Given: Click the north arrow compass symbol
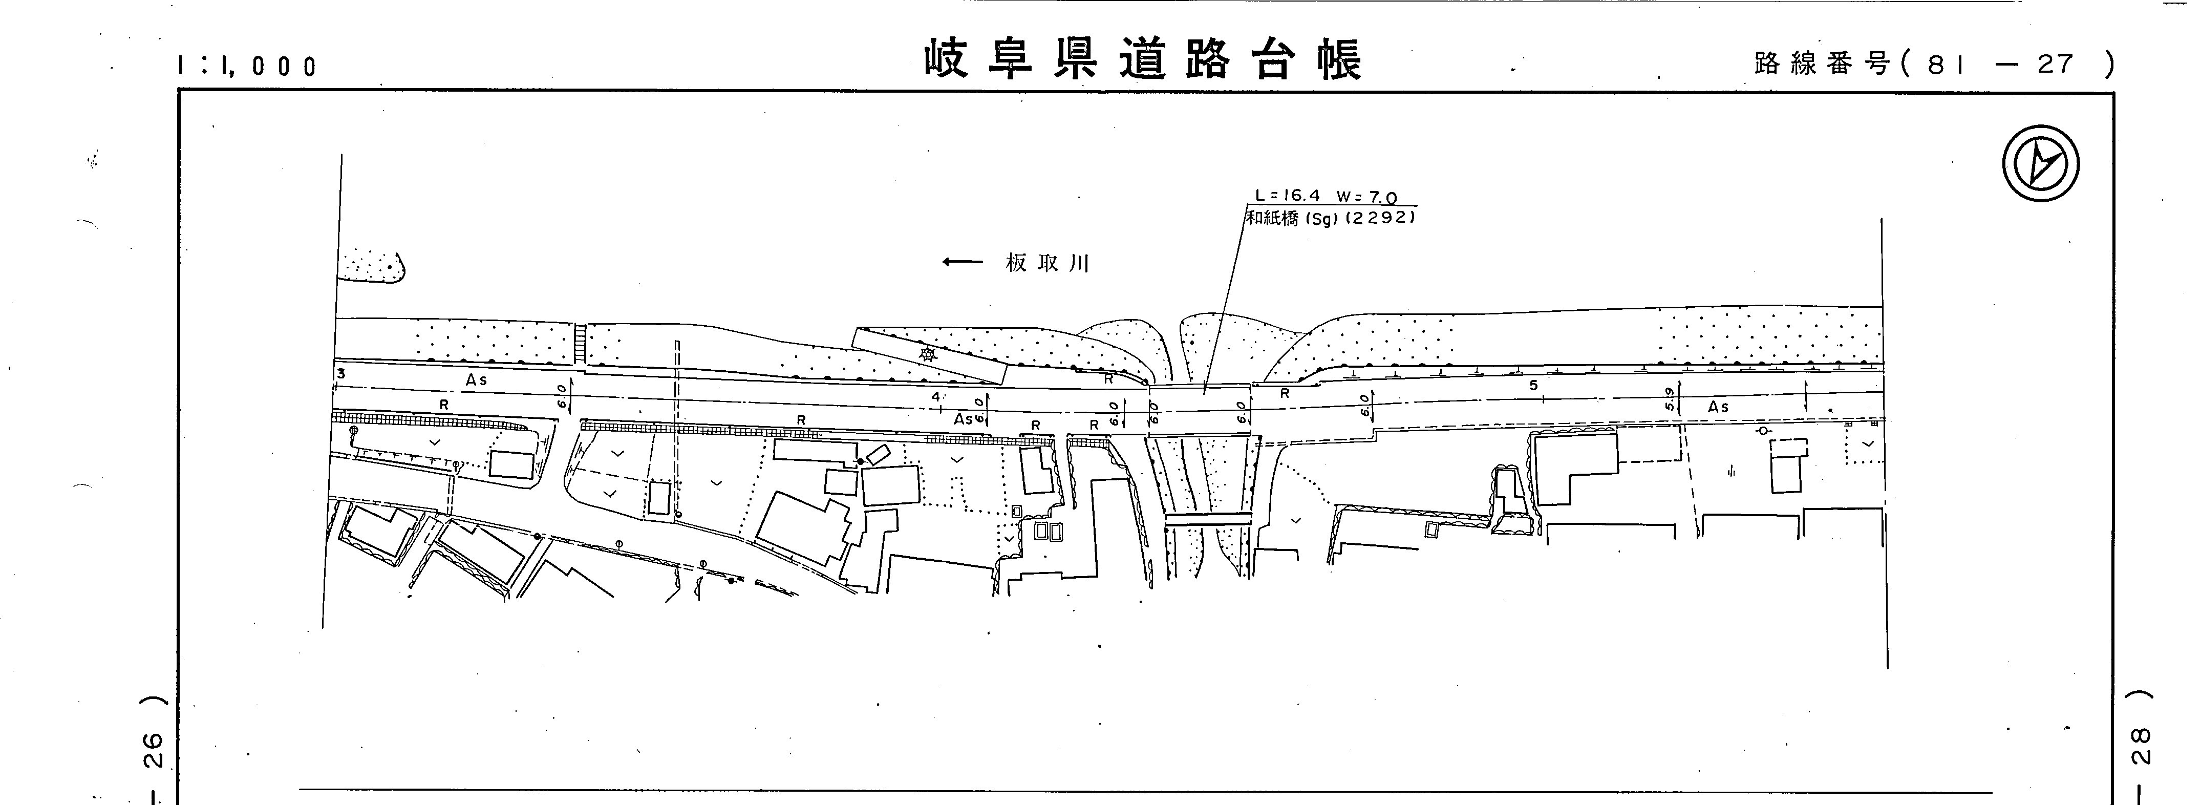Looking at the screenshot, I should point(2040,163).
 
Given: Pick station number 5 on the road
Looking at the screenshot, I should point(1534,386).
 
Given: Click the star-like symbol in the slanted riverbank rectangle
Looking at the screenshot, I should point(927,353).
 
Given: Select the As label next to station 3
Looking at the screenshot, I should point(476,379).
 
